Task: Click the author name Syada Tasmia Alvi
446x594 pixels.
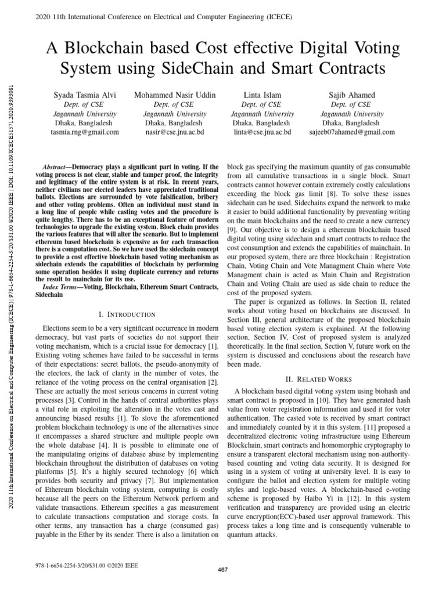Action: coord(85,95)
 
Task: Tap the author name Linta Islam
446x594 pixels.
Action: coord(262,95)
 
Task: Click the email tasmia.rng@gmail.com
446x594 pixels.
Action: coord(85,132)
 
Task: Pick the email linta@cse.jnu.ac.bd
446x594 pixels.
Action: coord(262,132)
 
